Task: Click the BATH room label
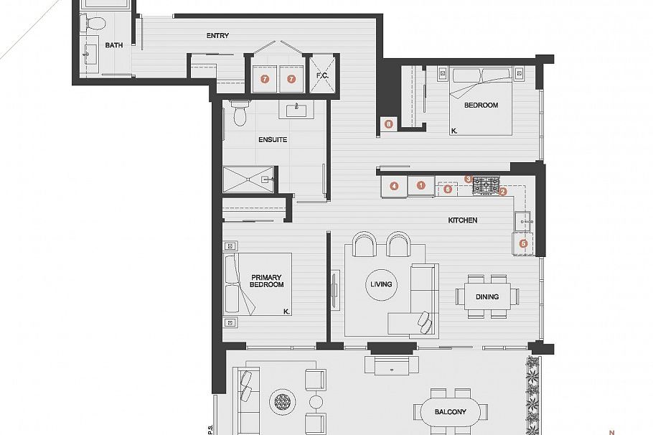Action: pyautogui.click(x=113, y=45)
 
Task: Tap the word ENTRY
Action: pyautogui.click(x=217, y=36)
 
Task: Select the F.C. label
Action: pyautogui.click(x=321, y=75)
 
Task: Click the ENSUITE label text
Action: pyautogui.click(x=273, y=139)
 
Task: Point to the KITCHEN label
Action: pyautogui.click(x=463, y=220)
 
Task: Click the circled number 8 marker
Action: pyautogui.click(x=388, y=124)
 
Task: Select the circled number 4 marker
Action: pyautogui.click(x=394, y=186)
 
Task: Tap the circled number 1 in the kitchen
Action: pyautogui.click(x=421, y=185)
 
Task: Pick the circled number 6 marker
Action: pyautogui.click(x=448, y=190)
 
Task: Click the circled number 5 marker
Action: pyautogui.click(x=522, y=243)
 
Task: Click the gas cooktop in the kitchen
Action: pyautogui.click(x=486, y=185)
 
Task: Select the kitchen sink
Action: pyautogui.click(x=523, y=219)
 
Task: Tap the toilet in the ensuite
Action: pyautogui.click(x=240, y=113)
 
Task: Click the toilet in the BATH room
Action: pyautogui.click(x=92, y=24)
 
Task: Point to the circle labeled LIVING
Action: pyautogui.click(x=381, y=284)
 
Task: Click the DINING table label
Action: pyautogui.click(x=487, y=296)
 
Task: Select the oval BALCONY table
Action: pyautogui.click(x=450, y=411)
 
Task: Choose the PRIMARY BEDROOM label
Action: pyautogui.click(x=267, y=281)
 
